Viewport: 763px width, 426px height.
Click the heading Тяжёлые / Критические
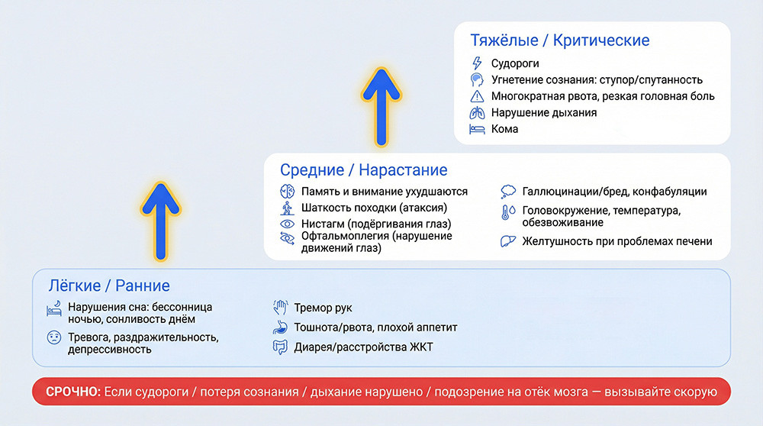[560, 40]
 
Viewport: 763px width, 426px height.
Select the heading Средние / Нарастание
[363, 169]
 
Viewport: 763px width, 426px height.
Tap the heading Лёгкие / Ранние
[108, 286]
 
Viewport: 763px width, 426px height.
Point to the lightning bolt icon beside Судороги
[478, 63]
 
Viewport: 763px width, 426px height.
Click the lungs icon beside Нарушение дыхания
[478, 112]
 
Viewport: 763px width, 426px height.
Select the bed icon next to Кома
[478, 129]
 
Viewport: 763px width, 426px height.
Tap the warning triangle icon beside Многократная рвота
[478, 96]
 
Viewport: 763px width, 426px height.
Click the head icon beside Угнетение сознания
[478, 79]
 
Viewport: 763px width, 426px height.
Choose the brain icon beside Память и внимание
[288, 192]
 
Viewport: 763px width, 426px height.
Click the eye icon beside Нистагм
[288, 224]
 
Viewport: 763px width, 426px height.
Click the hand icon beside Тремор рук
[280, 308]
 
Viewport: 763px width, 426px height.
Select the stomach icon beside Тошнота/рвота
[280, 328]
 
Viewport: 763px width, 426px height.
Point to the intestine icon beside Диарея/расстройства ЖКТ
[280, 347]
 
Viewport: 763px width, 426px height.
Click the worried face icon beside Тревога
[54, 337]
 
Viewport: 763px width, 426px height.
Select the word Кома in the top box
[504, 129]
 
